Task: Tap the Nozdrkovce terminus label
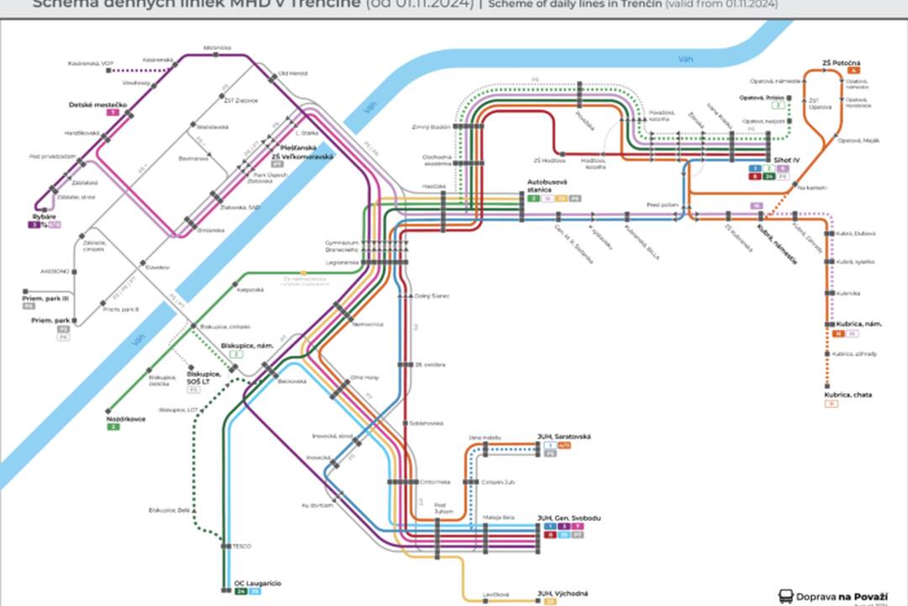pyautogui.click(x=125, y=418)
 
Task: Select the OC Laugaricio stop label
pyautogui.click(x=258, y=583)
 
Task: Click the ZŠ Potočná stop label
pyautogui.click(x=841, y=62)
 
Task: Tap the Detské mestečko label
pyautogui.click(x=98, y=104)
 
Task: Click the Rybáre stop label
pyautogui.click(x=43, y=216)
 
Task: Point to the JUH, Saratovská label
pyautogui.click(x=564, y=436)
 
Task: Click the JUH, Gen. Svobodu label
pyautogui.click(x=568, y=518)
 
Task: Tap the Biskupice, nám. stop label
pyautogui.click(x=243, y=345)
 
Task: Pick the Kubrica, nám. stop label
pyautogui.click(x=858, y=324)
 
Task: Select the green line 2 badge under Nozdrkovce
pyautogui.click(x=113, y=427)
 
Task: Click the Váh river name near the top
pyautogui.click(x=687, y=58)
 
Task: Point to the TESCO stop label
pyautogui.click(x=242, y=545)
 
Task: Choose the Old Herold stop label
pyautogui.click(x=289, y=73)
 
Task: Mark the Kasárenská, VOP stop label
pyautogui.click(x=91, y=63)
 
